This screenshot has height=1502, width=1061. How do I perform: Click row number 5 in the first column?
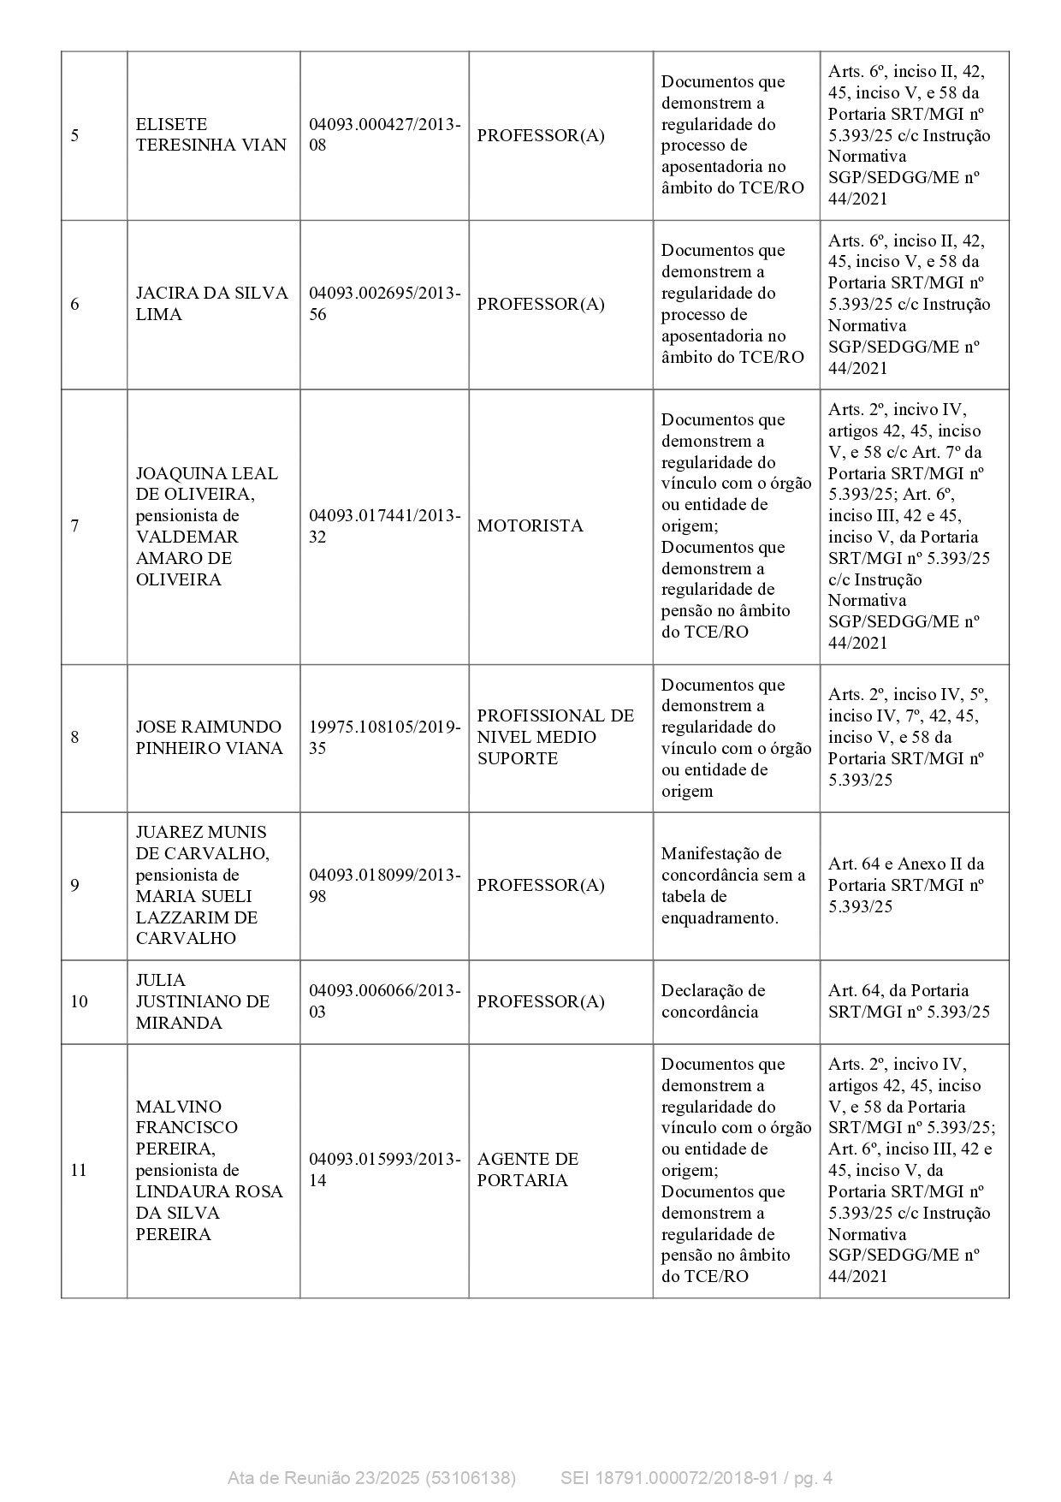[74, 135]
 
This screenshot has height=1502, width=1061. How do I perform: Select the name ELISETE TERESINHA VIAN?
[210, 135]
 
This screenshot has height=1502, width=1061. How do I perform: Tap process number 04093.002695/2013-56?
[384, 304]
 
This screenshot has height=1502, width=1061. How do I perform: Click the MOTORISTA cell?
[530, 525]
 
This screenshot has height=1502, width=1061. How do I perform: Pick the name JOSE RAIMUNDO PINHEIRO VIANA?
[209, 737]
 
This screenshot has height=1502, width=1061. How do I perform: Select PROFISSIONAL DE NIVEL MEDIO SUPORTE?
[555, 737]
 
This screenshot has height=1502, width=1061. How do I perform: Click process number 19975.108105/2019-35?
[384, 737]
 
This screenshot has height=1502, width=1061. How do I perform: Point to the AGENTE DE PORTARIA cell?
[528, 1169]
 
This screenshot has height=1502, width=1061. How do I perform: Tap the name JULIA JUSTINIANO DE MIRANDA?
[202, 1001]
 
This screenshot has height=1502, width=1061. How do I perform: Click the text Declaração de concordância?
[713, 1001]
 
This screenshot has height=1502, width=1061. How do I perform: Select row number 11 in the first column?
[79, 1170]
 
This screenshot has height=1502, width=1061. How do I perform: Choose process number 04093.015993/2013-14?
[384, 1169]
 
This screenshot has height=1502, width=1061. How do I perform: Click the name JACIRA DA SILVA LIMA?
[211, 304]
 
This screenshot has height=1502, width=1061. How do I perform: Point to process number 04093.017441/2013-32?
[384, 525]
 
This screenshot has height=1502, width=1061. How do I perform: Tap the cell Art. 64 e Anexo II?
[906, 885]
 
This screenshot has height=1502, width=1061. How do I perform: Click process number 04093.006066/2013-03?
[384, 1001]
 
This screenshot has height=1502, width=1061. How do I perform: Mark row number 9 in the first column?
[74, 885]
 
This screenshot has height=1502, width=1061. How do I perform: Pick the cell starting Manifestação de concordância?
[732, 885]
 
